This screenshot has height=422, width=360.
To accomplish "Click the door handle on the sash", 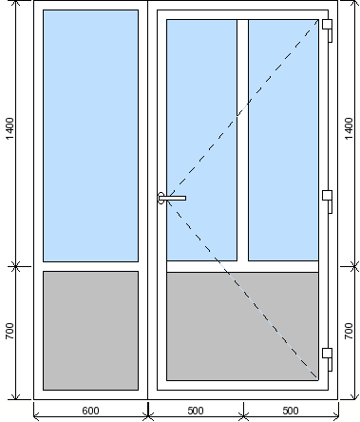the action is point(172,198).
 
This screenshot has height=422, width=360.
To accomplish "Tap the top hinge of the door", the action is point(328,30).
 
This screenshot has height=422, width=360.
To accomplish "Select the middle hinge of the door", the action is point(328,201).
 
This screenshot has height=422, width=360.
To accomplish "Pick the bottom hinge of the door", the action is point(328,359).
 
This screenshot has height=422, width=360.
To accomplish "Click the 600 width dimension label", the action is point(90,411).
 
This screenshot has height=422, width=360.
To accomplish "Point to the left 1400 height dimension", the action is point(9,128).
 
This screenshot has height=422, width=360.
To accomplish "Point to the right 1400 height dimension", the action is point(349,128).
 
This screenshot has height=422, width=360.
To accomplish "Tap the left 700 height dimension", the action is point(9,331).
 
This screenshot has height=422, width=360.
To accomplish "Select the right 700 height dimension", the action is point(349,331).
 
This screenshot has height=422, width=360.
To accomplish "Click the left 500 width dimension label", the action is point(196,411).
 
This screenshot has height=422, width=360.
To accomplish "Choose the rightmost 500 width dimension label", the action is point(291,411).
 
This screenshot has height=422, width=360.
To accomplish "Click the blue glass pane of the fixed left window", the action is point(90,136).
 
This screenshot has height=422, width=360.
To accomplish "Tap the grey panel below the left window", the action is point(90,331).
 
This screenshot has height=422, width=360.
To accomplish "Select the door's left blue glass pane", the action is point(201,140).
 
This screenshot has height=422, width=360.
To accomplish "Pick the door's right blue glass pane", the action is point(283,140).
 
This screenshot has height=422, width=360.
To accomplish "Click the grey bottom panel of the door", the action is point(242,326).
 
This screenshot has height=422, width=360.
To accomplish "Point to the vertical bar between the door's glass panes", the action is point(242,140).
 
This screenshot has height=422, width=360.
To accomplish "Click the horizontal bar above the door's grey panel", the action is point(242,267).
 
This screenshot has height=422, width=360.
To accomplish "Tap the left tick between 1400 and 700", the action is point(16,266).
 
